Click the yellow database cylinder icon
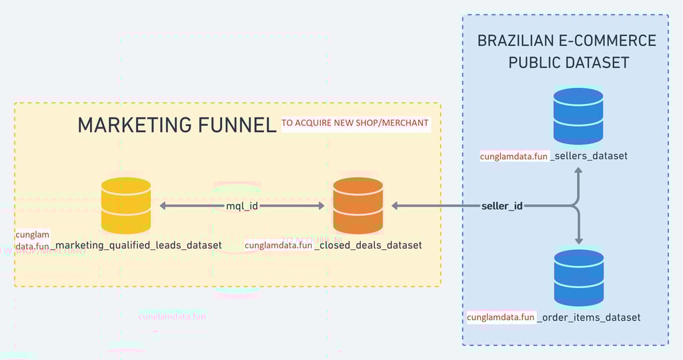pos(126,205)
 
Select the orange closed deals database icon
pos(358,205)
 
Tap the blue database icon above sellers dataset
pos(578,115)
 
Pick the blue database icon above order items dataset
pos(579,278)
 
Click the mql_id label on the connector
pos(242,206)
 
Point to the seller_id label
pos(502,206)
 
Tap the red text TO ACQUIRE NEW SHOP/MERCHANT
pos(355,123)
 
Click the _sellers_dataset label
pos(589,157)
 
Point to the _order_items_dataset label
pos(589,317)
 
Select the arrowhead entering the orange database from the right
pos(396,206)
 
